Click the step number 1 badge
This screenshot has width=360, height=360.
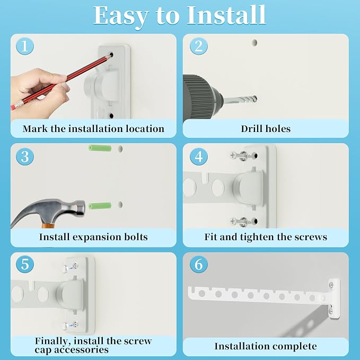[25, 46]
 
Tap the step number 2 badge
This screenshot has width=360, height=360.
[199, 46]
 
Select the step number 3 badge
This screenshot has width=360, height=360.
[25, 157]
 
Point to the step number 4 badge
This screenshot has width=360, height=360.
[199, 157]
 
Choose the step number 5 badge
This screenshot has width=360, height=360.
[25, 264]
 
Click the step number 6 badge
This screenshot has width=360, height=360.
[199, 264]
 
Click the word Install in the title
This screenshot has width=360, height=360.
[226, 15]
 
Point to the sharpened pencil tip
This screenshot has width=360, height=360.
[109, 56]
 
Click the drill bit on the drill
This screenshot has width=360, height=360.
[240, 100]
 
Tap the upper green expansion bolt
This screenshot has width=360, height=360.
[100, 148]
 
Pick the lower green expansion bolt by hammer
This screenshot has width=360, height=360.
[100, 206]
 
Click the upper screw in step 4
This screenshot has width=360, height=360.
[241, 156]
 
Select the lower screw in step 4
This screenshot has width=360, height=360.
[241, 222]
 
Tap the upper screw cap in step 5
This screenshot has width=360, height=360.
[65, 268]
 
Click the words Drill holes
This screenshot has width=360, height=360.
[266, 129]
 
